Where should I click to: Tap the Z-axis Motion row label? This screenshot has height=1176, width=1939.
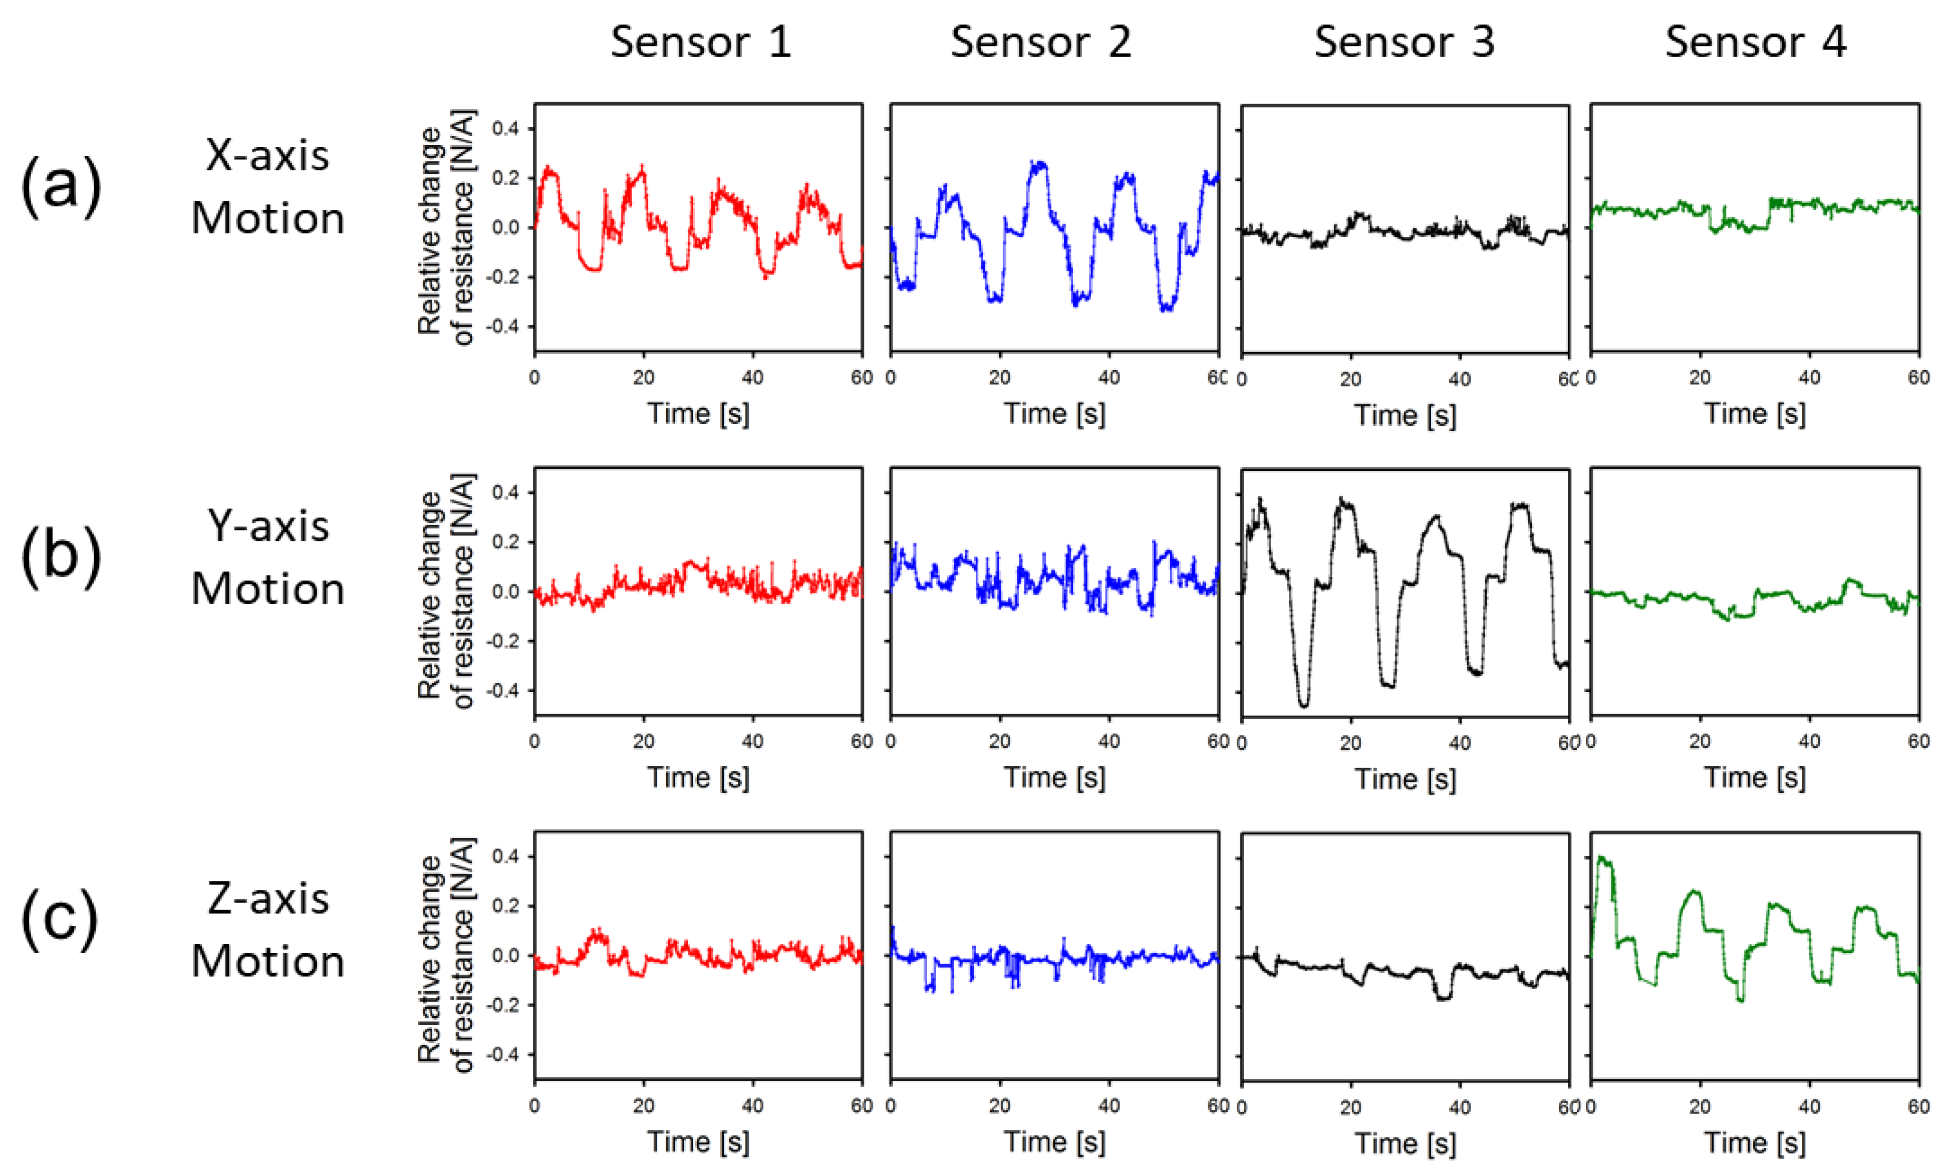pyautogui.click(x=267, y=930)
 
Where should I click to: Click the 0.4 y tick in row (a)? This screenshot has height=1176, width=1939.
pyautogui.click(x=505, y=128)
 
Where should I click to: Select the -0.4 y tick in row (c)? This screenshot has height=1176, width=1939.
pyautogui.click(x=503, y=1054)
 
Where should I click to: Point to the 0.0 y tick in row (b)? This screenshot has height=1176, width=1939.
pyautogui.click(x=505, y=592)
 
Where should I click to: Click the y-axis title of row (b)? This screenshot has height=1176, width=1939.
pyautogui.click(x=446, y=592)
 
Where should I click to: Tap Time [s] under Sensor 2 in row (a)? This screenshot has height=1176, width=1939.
pyautogui.click(x=1054, y=414)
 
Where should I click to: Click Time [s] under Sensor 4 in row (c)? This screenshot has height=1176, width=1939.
pyautogui.click(x=1755, y=1142)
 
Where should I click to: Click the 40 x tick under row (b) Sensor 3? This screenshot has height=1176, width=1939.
pyautogui.click(x=1460, y=743)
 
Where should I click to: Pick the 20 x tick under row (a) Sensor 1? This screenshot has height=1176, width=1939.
pyautogui.click(x=643, y=378)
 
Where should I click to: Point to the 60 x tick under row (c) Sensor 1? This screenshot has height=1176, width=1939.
pyautogui.click(x=862, y=1106)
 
